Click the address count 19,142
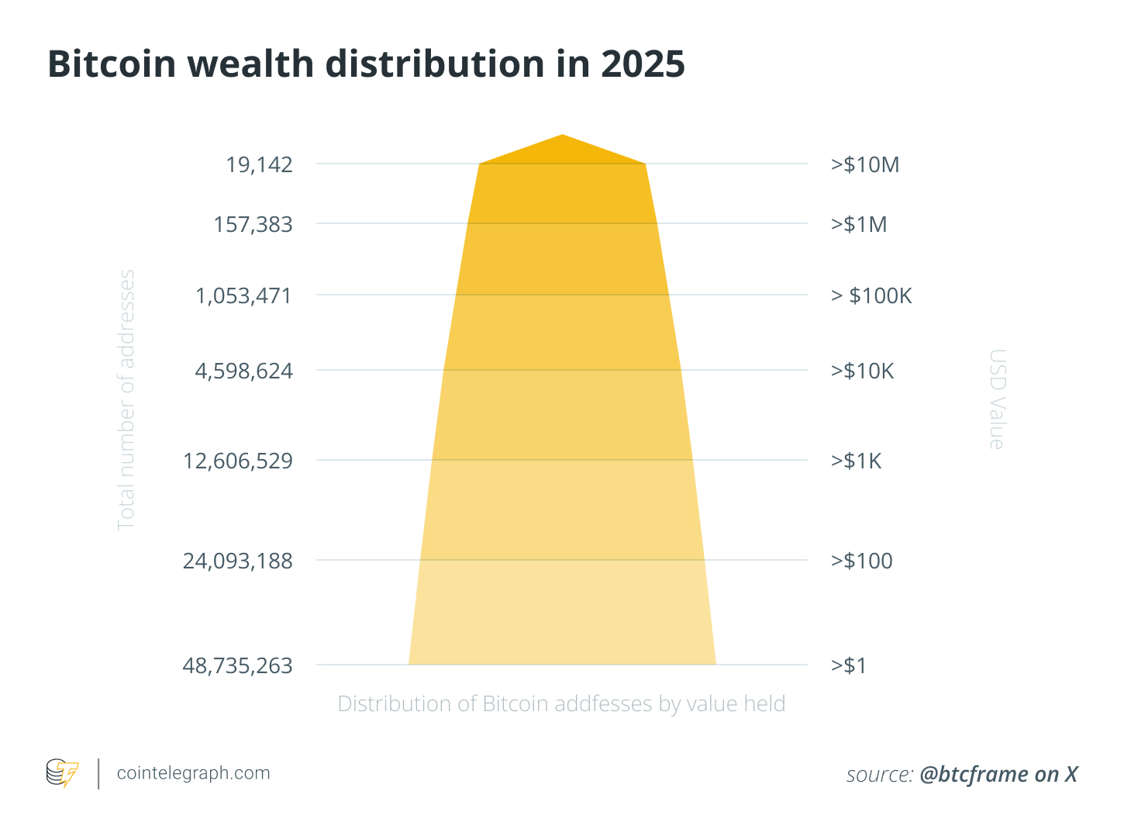(259, 164)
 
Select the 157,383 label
(253, 225)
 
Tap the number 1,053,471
(243, 296)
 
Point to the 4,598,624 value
(243, 371)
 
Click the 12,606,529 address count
(237, 461)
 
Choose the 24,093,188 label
(237, 561)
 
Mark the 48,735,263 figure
(237, 665)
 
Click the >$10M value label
(865, 164)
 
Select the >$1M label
(859, 225)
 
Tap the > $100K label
(871, 296)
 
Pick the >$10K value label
(862, 371)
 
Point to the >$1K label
(856, 461)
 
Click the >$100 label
(861, 561)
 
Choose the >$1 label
(849, 665)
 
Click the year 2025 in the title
(643, 64)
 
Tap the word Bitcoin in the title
(112, 64)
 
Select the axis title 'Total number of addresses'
(126, 400)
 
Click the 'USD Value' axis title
(997, 399)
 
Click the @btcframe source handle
(976, 774)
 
